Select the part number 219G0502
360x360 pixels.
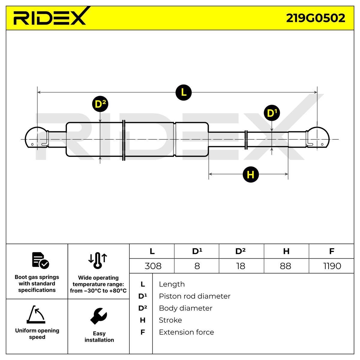click(315, 18)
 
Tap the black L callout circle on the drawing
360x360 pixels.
click(184, 92)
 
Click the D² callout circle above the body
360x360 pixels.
click(100, 104)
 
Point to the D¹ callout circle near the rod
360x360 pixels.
click(271, 113)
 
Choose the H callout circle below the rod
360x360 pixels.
click(250, 175)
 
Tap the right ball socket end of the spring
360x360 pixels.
click(317, 137)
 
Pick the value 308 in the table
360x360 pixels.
click(153, 266)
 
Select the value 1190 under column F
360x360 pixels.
click(332, 266)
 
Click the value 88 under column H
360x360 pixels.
click(285, 266)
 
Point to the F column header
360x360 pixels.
click(331, 251)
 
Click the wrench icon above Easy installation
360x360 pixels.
click(98, 316)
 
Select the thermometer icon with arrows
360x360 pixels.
click(97, 260)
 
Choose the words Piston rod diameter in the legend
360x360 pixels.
click(194, 296)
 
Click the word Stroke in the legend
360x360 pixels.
click(170, 320)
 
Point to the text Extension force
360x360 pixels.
click(186, 332)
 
